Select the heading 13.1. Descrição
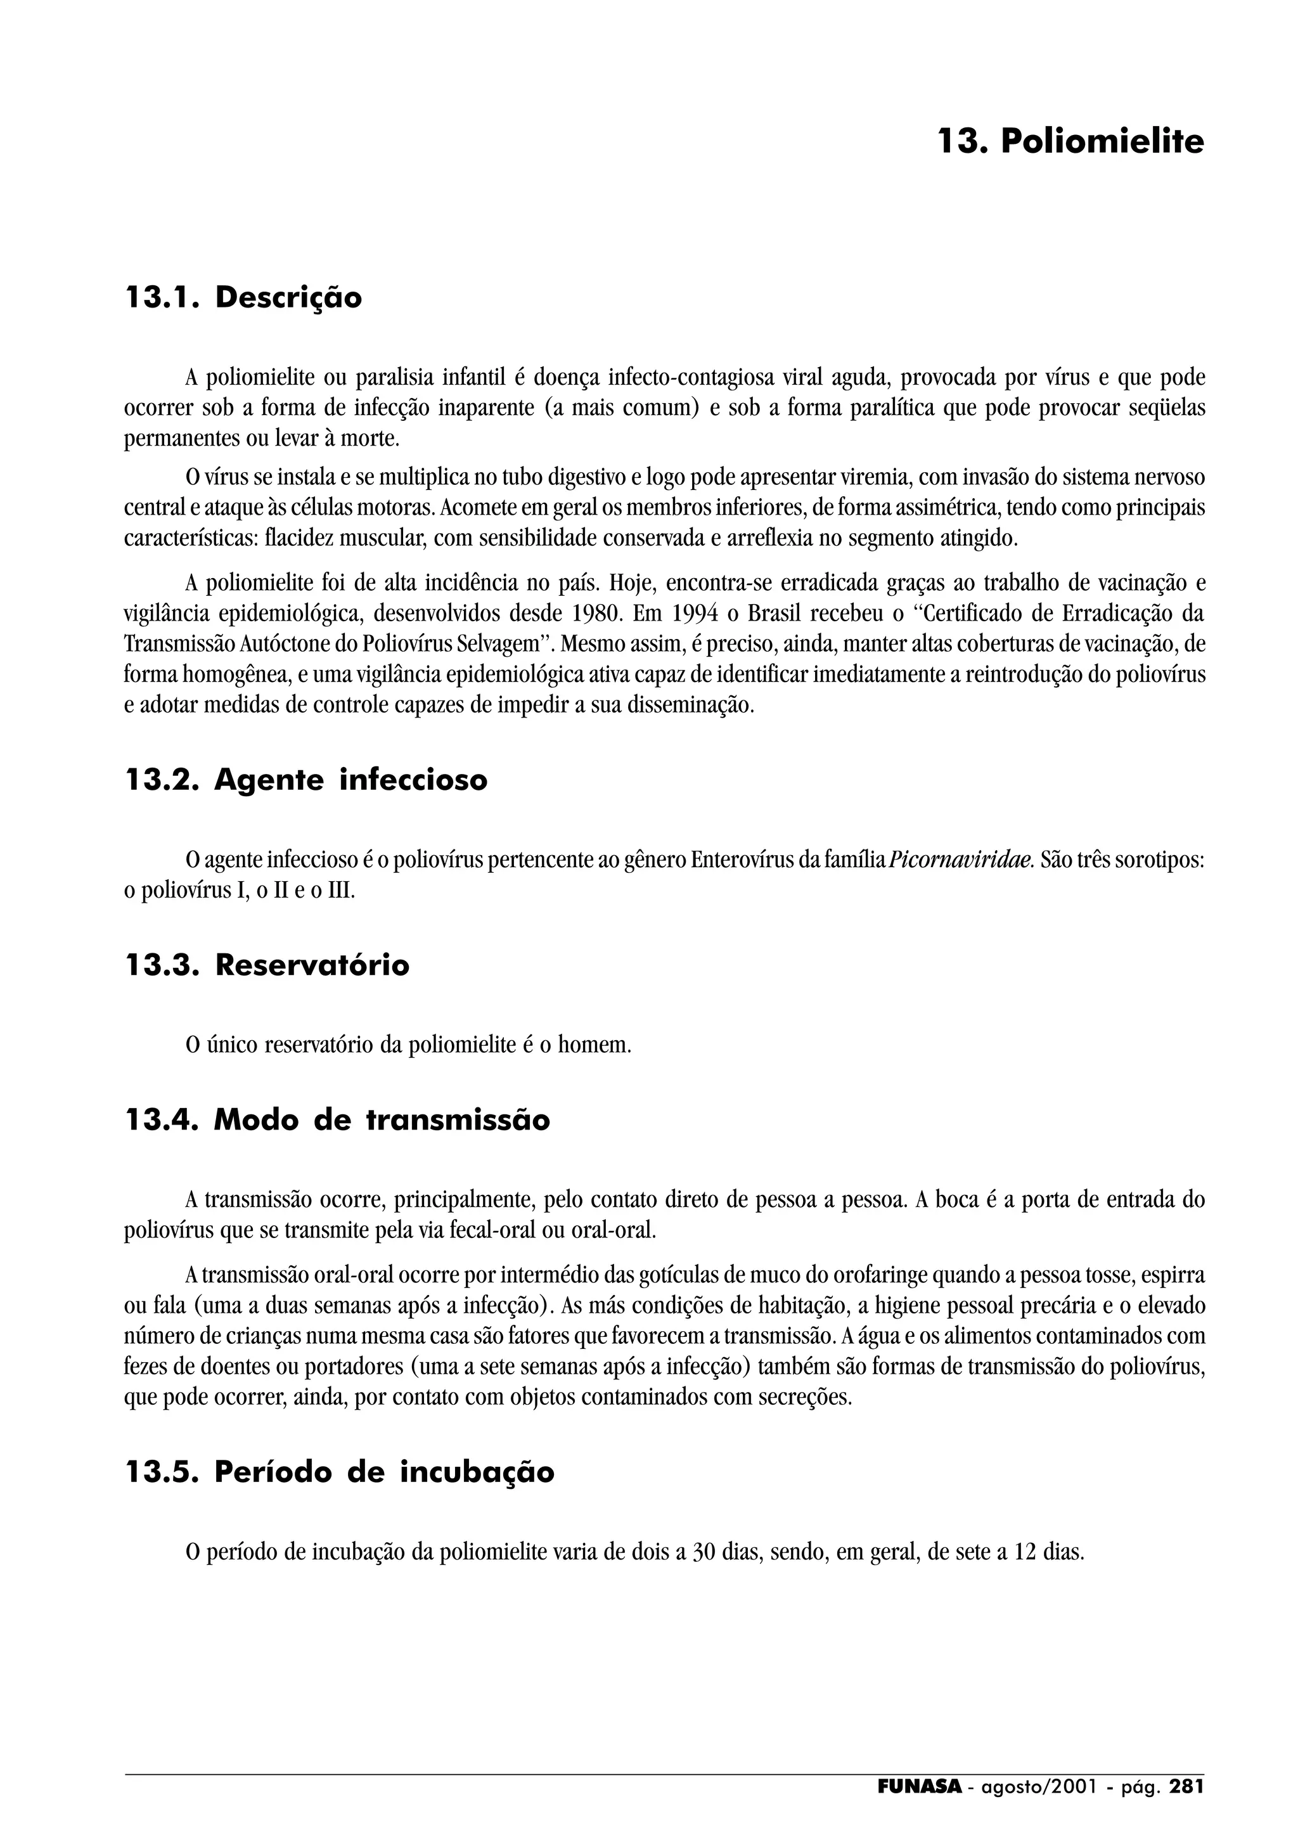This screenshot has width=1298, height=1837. coord(244,298)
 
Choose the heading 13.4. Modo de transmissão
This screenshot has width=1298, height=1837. coord(338,1119)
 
